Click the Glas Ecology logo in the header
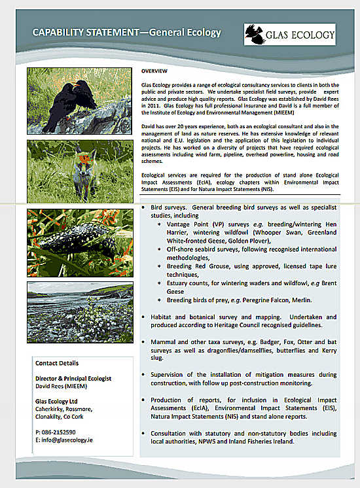click(289, 33)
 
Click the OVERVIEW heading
click(154, 70)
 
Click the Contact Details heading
click(57, 363)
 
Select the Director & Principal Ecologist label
click(73, 379)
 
